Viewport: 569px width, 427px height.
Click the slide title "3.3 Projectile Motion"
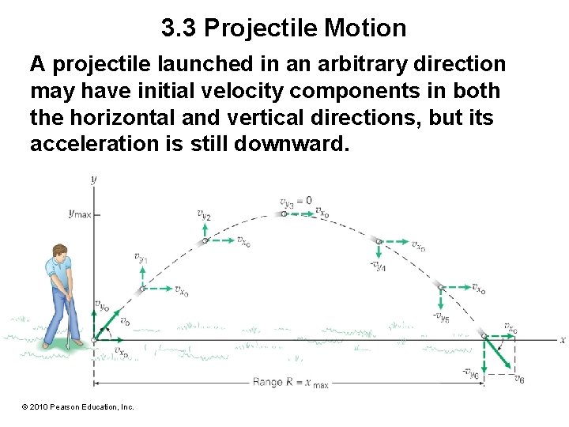pos(284,28)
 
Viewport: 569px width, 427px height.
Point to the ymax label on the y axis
pos(80,213)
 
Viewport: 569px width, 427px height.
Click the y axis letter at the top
pos(94,179)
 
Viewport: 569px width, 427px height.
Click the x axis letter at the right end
pos(562,340)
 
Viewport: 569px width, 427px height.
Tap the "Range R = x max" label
pos(291,383)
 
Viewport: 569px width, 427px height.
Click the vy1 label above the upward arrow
pos(140,257)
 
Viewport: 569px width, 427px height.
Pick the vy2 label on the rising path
pos(203,213)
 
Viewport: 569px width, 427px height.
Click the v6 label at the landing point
pos(518,380)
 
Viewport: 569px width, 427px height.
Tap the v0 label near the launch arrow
pos(124,321)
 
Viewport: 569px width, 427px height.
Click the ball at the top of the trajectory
pos(284,213)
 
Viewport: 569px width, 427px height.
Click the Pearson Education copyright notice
pos(78,406)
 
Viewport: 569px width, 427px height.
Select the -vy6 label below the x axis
pos(471,373)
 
